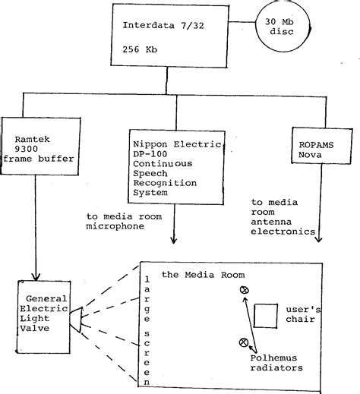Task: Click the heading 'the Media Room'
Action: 197,274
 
